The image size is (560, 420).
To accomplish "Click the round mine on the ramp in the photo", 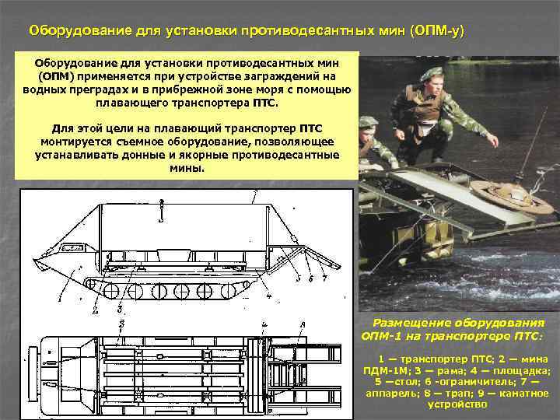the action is pyautogui.click(x=511, y=197).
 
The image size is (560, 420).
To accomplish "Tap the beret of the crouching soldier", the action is pyautogui.click(x=431, y=73).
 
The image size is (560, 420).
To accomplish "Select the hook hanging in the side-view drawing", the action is pyautogui.click(x=162, y=212).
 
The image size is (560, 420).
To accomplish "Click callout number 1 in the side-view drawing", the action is pyautogui.click(x=60, y=297).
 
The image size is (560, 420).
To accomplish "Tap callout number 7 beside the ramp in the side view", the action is pyautogui.click(x=324, y=278).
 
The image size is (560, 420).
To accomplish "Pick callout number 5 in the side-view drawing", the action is pyautogui.click(x=299, y=278).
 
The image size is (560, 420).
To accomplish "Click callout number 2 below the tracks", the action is pyautogui.click(x=95, y=310).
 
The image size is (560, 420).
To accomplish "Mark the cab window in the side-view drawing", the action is pyautogui.click(x=73, y=247).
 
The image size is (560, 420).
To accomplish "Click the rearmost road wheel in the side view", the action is pyautogui.click(x=228, y=291).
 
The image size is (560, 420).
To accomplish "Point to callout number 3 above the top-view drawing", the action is pyautogui.click(x=121, y=324).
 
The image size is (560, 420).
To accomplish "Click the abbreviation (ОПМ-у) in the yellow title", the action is pyautogui.click(x=437, y=31).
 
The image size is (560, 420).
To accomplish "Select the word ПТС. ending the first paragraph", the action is pyautogui.click(x=265, y=103).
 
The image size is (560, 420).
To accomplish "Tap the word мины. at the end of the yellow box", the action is pyautogui.click(x=187, y=168).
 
